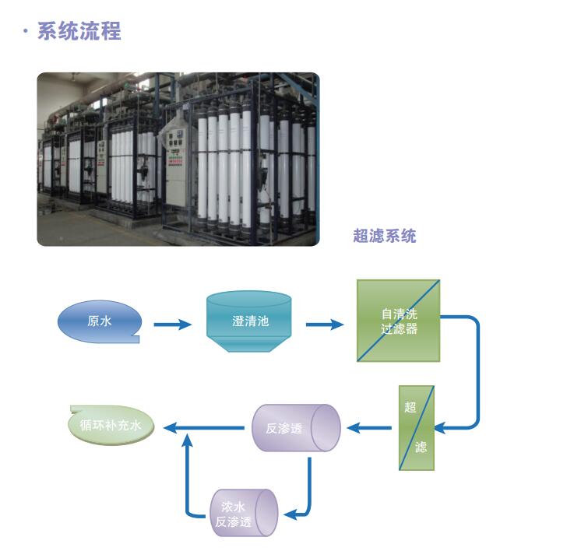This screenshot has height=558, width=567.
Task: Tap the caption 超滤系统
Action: coord(385,236)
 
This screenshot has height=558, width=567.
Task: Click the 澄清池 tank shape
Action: coord(249,321)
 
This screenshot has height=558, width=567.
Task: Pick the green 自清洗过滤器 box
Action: coord(399,321)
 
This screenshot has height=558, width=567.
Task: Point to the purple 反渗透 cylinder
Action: coord(296,427)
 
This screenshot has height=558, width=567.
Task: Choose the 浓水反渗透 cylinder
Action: coord(244,512)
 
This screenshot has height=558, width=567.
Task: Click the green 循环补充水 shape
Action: coord(111,426)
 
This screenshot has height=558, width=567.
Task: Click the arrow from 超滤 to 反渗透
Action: coord(370,427)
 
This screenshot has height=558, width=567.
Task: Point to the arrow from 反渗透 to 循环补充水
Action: coord(202,427)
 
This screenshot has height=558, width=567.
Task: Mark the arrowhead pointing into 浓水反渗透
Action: coord(289,514)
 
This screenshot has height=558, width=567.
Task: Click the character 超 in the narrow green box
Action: coord(410,406)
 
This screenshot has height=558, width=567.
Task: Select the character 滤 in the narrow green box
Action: coord(421,447)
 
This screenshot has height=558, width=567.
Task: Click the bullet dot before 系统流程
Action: coord(26,33)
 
